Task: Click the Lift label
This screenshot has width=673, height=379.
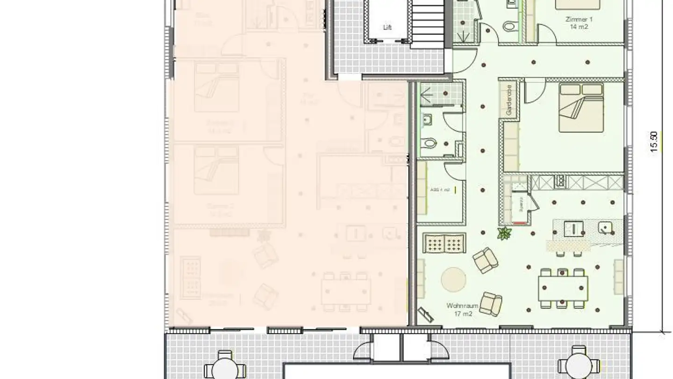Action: [387, 28]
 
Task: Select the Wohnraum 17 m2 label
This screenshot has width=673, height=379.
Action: [462, 309]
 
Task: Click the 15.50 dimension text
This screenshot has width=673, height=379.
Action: [654, 141]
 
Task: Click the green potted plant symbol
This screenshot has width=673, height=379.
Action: [504, 233]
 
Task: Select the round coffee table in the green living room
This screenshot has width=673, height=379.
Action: [453, 279]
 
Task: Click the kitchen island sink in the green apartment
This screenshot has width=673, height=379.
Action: [606, 228]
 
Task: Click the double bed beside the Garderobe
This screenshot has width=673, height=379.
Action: [580, 108]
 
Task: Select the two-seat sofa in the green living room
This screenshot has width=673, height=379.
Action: [444, 243]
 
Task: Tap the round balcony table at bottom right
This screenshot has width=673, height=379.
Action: [579, 364]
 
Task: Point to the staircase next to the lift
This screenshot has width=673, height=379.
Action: [426, 23]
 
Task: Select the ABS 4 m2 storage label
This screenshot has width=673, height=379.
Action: [440, 190]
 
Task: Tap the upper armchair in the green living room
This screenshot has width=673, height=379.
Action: [485, 260]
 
